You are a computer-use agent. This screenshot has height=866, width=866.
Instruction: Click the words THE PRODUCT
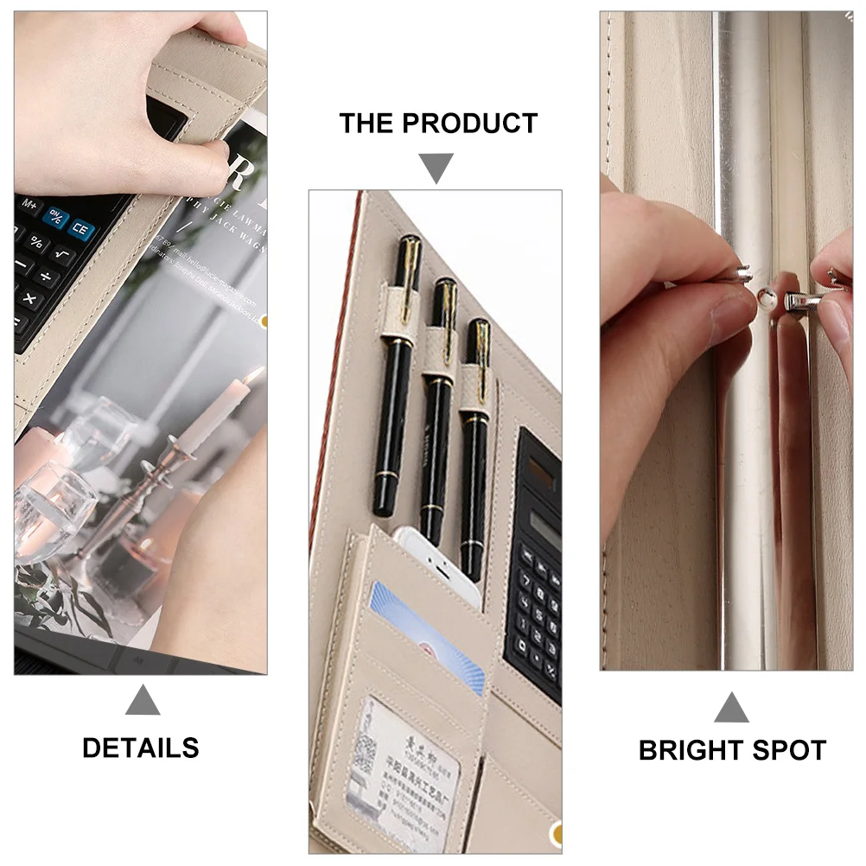coord(437,124)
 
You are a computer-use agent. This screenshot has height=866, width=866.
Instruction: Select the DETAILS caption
coord(141,748)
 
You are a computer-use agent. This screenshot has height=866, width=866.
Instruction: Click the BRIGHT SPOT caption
coord(732,750)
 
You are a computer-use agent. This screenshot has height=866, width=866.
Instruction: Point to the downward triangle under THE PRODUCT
coord(437,167)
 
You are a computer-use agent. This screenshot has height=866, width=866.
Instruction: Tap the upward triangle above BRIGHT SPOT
coord(731,708)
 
